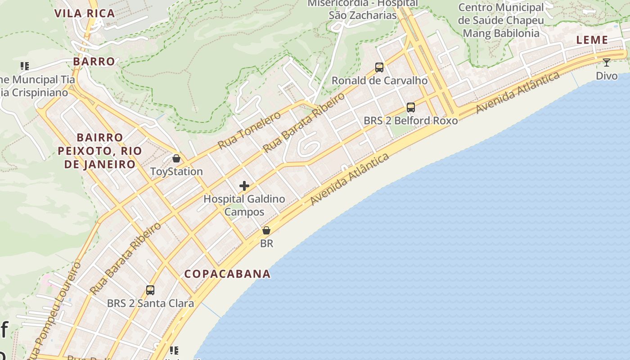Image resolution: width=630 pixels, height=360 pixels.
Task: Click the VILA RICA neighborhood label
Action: click(85, 13)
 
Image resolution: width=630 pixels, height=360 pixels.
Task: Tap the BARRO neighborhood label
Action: click(94, 61)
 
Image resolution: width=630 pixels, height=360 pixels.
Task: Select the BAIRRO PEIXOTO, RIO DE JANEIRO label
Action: click(100, 151)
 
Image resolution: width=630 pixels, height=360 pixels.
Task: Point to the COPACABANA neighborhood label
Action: click(228, 274)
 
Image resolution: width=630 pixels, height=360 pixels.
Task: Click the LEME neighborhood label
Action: click(592, 40)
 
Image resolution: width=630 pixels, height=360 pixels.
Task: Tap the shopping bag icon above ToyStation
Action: click(176, 158)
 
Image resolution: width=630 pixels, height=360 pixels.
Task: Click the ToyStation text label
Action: click(176, 171)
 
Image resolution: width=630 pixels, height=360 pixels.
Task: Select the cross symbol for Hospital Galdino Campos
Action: click(244, 185)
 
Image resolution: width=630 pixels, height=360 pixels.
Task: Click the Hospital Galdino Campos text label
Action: click(244, 205)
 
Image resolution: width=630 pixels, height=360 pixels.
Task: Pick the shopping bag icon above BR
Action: click(266, 230)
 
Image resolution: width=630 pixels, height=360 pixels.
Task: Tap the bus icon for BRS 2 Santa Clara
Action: click(150, 290)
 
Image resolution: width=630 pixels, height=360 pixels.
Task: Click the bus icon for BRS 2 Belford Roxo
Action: click(410, 108)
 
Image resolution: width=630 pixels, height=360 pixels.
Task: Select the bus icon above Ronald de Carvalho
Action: click(379, 67)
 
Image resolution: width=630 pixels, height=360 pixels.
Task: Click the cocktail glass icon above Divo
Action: click(607, 63)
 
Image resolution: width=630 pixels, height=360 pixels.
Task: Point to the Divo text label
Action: click(607, 76)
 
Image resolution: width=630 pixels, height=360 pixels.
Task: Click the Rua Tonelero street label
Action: click(249, 130)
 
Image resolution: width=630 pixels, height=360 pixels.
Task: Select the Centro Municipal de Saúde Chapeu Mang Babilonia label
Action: click(501, 20)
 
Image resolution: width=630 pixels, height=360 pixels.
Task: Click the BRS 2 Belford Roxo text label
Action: click(410, 121)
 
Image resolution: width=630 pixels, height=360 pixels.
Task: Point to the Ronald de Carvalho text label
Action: click(379, 81)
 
